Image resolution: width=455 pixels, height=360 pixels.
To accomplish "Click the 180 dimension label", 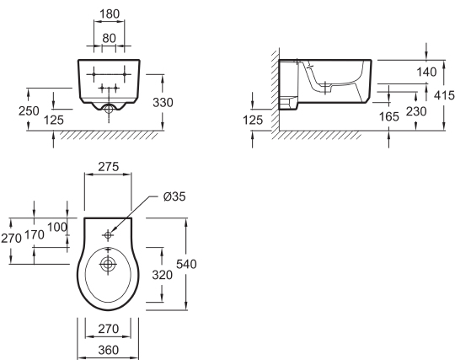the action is [x=110, y=14].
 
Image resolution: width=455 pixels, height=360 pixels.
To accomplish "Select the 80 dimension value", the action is [x=109, y=38].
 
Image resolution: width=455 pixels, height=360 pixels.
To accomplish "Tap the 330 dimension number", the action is [x=163, y=103].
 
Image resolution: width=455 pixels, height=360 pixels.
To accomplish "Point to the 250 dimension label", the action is [x=29, y=111].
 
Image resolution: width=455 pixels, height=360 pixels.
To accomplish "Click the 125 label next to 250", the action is [x=54, y=120].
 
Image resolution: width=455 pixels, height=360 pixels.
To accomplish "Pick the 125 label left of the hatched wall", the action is [x=253, y=120].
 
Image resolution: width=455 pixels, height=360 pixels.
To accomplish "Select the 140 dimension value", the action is [x=426, y=72].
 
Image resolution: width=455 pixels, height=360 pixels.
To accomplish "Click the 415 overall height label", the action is [x=444, y=95].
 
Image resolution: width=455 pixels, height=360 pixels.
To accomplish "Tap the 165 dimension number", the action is [x=389, y=116].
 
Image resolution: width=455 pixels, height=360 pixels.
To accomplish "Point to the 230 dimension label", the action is [x=416, y=111].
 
